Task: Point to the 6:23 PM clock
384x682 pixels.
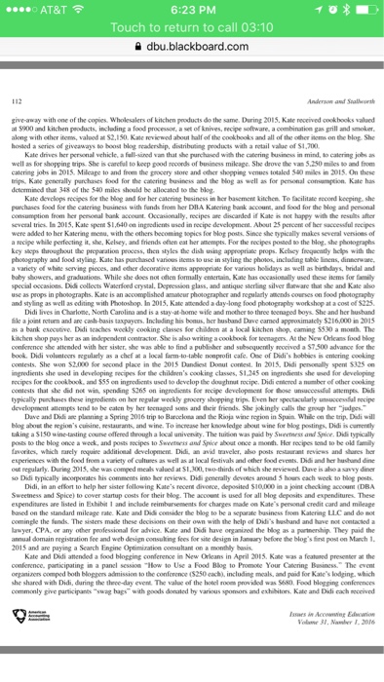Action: pyautogui.click(x=192, y=9)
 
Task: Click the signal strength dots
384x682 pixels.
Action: pyautogui.click(x=19, y=9)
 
